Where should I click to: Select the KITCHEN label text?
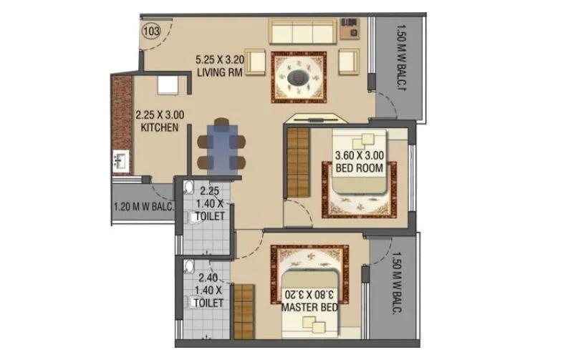tap(160, 126)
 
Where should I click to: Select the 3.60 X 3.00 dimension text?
tap(360, 155)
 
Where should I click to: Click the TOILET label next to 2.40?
tap(209, 303)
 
